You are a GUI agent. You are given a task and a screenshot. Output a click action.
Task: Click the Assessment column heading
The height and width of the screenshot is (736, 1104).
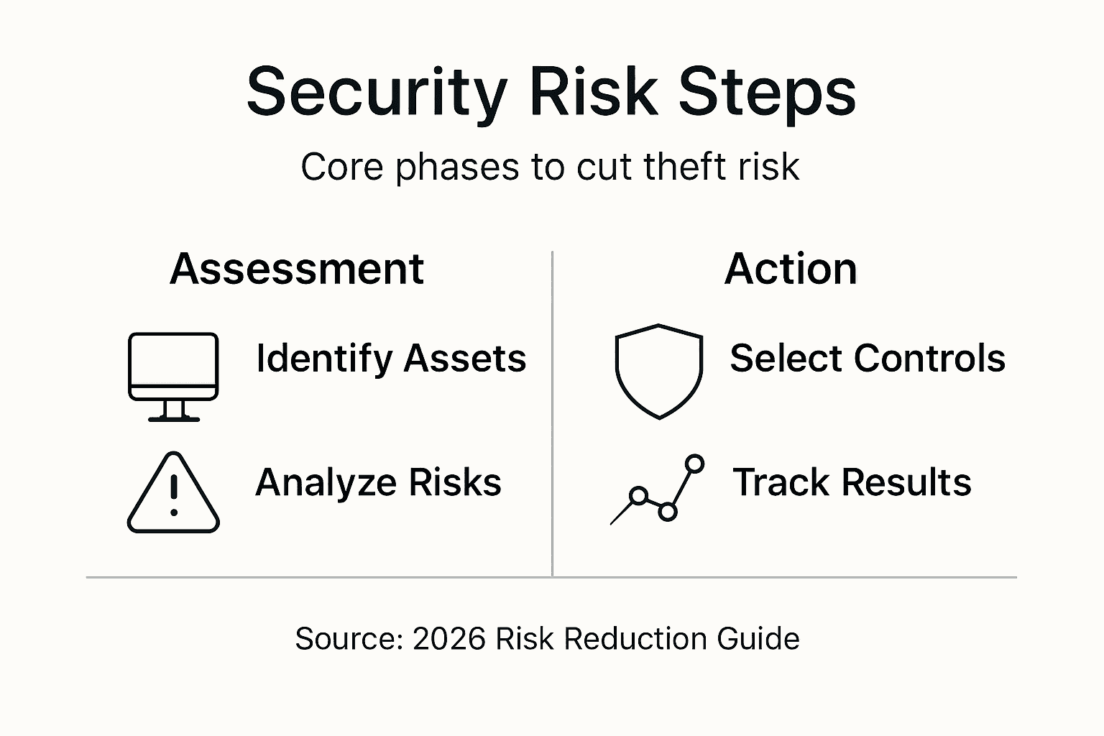(297, 269)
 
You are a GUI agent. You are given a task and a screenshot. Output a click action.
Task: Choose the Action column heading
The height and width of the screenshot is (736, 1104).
(791, 269)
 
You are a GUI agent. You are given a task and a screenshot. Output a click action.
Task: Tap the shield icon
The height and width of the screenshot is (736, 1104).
(658, 371)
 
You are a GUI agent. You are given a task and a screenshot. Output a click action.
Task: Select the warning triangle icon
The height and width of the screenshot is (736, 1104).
(173, 494)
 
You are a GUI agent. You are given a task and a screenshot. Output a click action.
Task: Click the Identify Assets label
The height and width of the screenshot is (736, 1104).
(391, 359)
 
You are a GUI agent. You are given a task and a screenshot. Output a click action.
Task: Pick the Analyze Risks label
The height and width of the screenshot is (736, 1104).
(378, 482)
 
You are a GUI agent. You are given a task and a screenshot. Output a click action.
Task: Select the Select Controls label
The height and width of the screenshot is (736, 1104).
(867, 358)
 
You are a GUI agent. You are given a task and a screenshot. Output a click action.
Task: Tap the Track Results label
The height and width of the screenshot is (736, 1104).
(852, 482)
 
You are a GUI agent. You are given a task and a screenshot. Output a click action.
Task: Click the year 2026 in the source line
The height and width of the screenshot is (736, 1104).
(449, 638)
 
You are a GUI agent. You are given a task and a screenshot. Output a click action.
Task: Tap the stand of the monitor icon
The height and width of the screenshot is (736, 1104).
(173, 410)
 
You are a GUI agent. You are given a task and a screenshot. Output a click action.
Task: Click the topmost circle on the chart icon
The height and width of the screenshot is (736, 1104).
(694, 464)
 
